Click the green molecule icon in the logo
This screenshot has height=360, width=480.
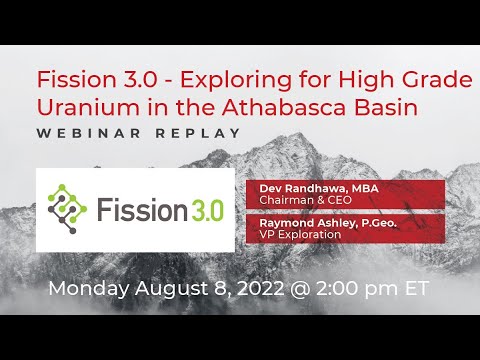67,208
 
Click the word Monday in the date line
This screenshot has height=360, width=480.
86,289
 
